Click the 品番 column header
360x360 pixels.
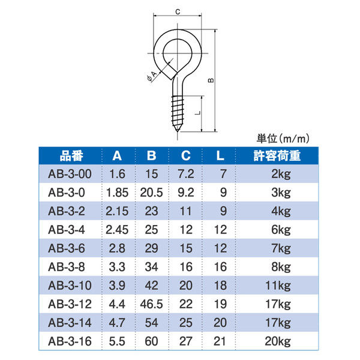[71, 157]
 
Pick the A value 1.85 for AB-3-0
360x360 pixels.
[118, 193]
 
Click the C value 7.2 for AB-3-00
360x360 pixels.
[186, 175]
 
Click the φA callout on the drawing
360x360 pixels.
[151, 74]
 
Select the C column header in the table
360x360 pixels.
[186, 157]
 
